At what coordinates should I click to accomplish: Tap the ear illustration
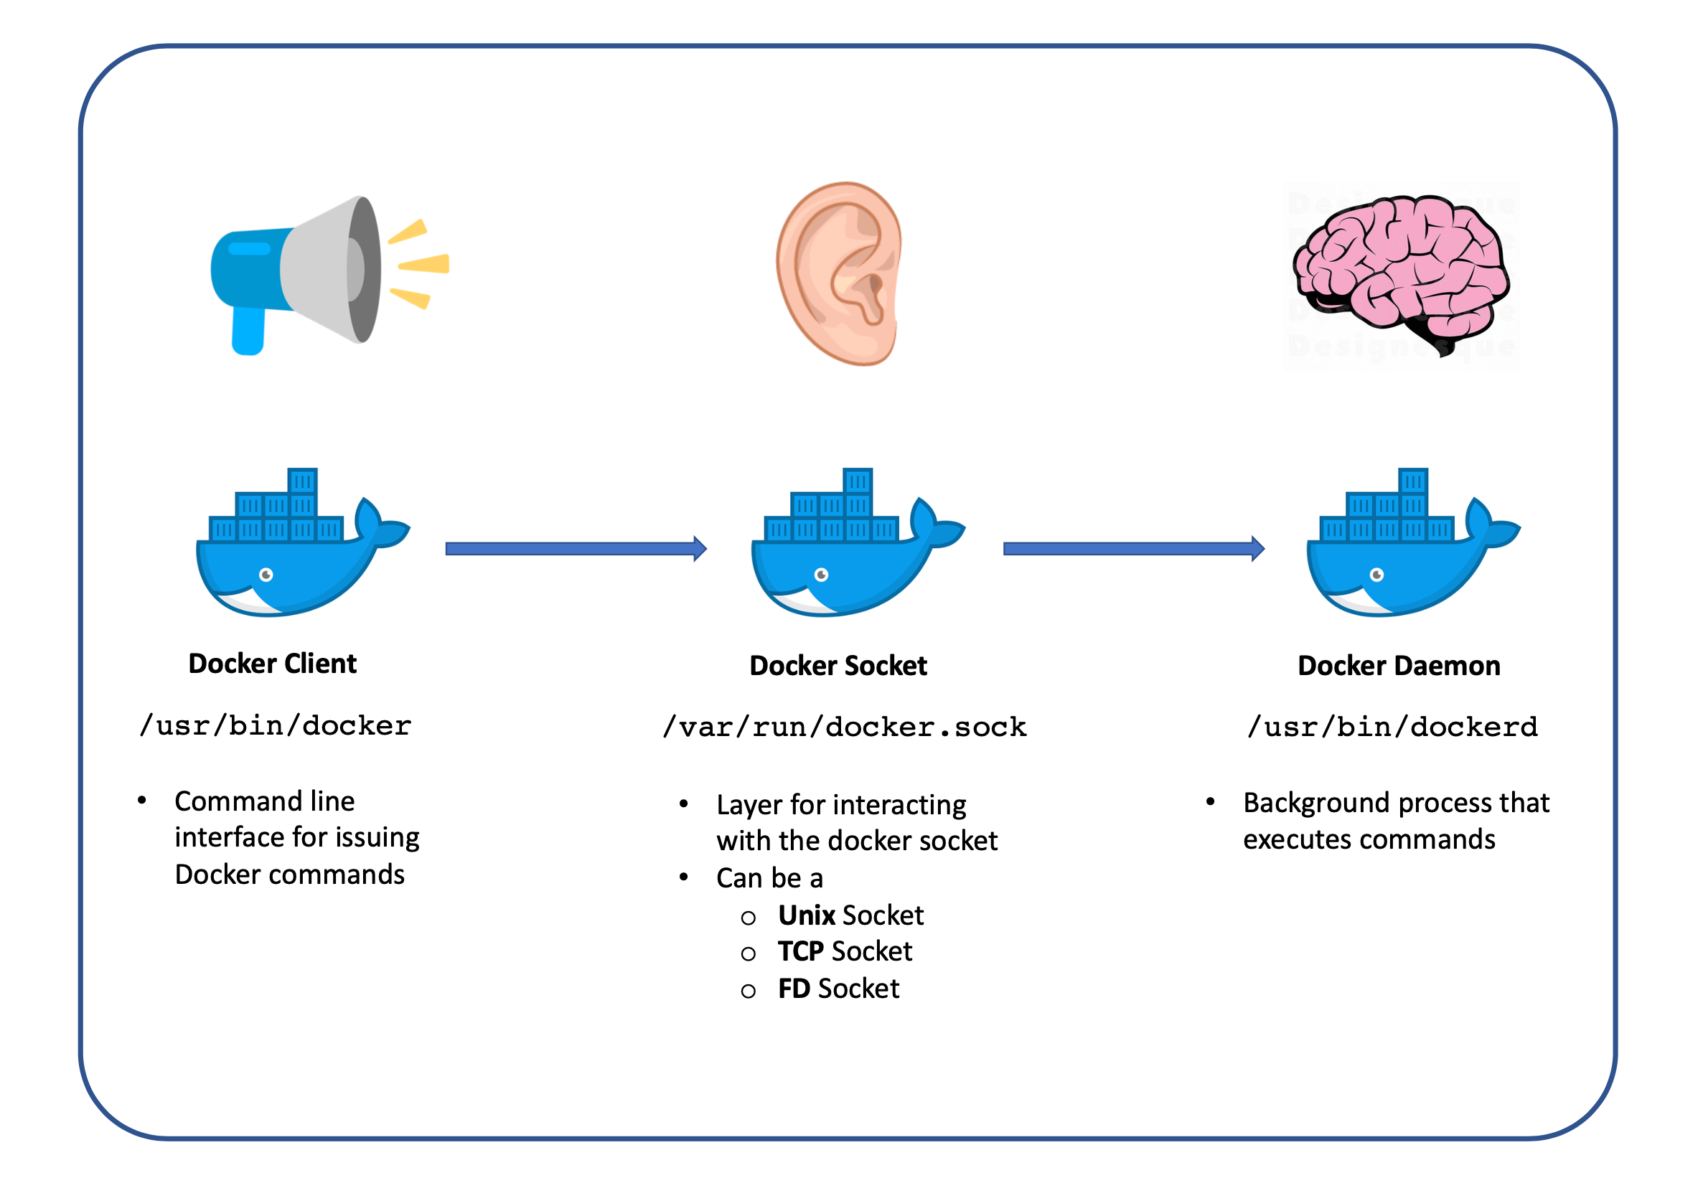[840, 273]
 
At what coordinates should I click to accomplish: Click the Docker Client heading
[273, 664]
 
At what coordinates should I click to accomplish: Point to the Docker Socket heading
[838, 666]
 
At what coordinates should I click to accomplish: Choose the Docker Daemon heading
[1398, 666]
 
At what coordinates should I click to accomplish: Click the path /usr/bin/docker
[276, 726]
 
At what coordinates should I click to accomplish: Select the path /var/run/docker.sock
[845, 727]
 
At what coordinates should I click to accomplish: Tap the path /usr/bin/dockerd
[1392, 727]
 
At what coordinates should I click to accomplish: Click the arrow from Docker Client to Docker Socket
[576, 548]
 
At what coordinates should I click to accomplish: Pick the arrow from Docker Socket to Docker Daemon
[1133, 548]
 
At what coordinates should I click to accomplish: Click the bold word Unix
[806, 915]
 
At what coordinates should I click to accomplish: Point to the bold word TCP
[800, 951]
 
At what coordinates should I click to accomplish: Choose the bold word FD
[794, 989]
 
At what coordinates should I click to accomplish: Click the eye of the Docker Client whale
[266, 575]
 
